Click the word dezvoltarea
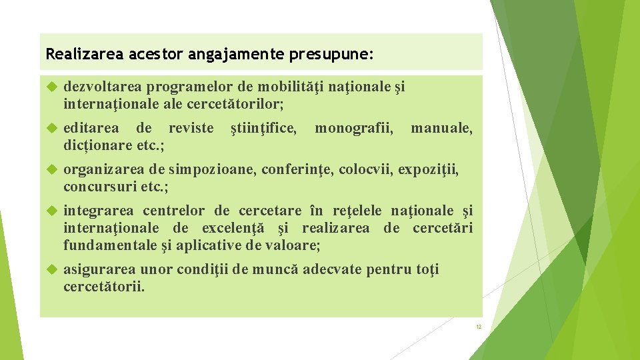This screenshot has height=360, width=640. (103, 87)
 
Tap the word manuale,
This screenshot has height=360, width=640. (441, 127)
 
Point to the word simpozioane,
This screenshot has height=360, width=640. (212, 169)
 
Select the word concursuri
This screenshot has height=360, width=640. (99, 186)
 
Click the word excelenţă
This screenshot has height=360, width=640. (233, 228)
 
